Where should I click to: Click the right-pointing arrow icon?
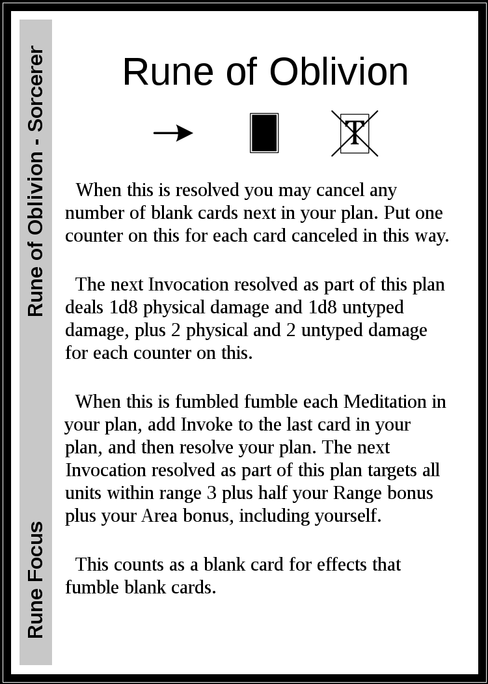(173, 134)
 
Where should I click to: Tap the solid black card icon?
(264, 134)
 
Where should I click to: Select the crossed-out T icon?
(355, 134)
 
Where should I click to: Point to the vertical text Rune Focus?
(36, 580)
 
